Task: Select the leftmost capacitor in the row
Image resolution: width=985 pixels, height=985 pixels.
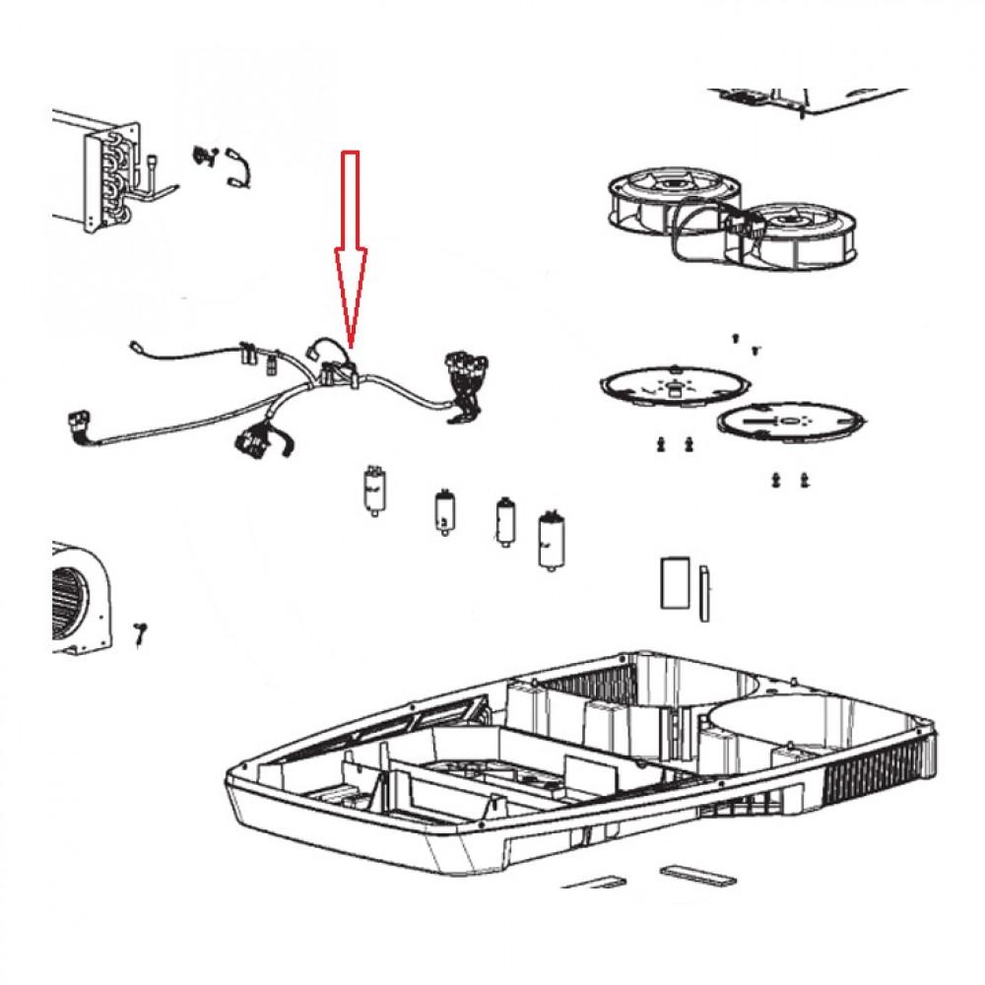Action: click(372, 490)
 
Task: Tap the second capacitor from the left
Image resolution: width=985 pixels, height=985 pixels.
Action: click(442, 511)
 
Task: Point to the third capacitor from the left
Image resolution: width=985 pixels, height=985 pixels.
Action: click(505, 519)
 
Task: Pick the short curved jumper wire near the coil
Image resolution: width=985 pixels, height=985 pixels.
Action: click(239, 165)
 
